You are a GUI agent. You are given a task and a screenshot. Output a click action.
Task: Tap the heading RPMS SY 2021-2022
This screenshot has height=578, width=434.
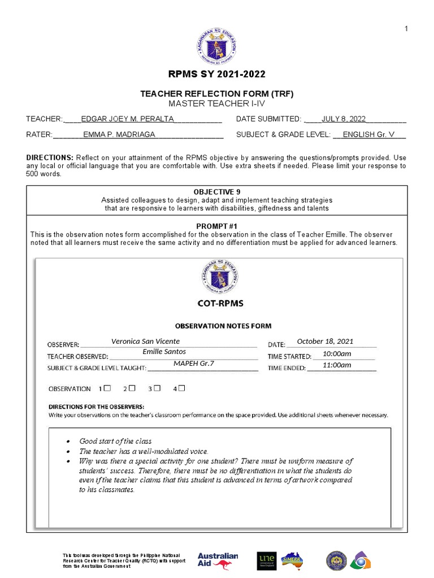(217, 75)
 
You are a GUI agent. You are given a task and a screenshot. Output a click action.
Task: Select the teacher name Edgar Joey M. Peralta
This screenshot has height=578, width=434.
(127, 119)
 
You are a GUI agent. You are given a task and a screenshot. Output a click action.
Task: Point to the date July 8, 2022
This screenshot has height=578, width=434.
(344, 119)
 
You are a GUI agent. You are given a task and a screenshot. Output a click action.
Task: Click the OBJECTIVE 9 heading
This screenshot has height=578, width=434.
(217, 192)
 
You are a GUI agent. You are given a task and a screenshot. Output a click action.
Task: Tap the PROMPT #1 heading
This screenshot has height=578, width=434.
(217, 226)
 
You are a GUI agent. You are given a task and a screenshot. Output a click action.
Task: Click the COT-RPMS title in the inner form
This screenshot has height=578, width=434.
(220, 303)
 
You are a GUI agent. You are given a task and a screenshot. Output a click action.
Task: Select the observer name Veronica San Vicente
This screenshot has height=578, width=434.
(145, 341)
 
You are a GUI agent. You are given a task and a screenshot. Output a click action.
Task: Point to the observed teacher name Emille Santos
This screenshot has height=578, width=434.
(164, 352)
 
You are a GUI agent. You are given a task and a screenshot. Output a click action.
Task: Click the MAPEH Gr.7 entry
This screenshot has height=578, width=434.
(194, 364)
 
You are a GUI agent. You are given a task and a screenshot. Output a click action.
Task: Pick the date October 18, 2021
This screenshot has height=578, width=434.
(325, 341)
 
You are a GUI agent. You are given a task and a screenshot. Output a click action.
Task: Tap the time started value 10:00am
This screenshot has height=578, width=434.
(337, 353)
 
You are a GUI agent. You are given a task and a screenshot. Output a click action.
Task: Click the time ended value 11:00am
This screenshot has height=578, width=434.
(337, 365)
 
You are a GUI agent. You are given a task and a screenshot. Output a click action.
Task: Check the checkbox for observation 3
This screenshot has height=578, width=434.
(158, 388)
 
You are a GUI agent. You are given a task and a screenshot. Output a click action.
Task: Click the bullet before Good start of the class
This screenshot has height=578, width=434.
(68, 441)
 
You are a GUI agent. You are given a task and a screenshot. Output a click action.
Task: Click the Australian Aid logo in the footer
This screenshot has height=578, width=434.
(218, 560)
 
